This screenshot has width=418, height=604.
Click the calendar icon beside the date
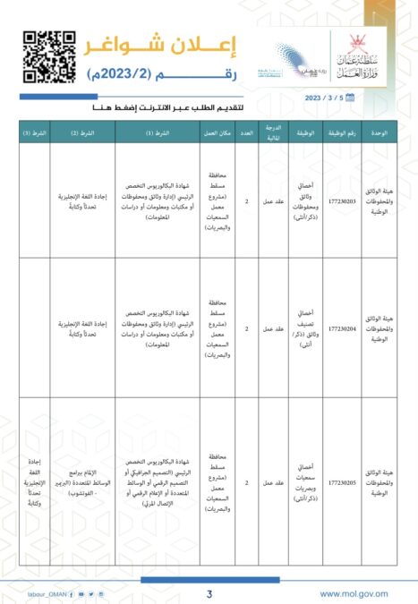(350, 97)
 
